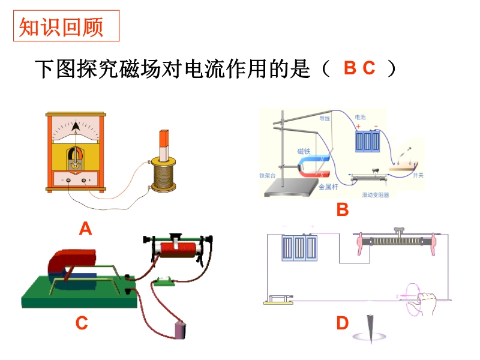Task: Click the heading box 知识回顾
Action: (x=66, y=26)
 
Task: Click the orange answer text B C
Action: (x=359, y=68)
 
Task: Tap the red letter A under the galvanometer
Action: (x=86, y=229)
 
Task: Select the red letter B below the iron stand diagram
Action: (x=342, y=209)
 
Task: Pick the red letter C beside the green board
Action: (x=82, y=323)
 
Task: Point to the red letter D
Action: (x=342, y=324)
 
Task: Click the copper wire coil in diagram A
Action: (x=163, y=175)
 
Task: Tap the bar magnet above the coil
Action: (x=163, y=143)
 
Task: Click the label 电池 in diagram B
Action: (x=360, y=117)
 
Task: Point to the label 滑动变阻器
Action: (x=376, y=194)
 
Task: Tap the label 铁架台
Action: (x=266, y=176)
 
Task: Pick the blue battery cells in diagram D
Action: (x=298, y=247)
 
